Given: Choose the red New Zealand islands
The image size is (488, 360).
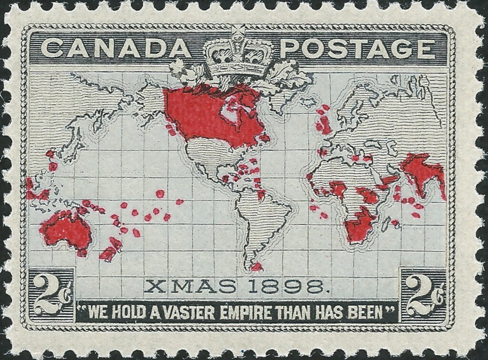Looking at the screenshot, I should click(111, 250).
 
